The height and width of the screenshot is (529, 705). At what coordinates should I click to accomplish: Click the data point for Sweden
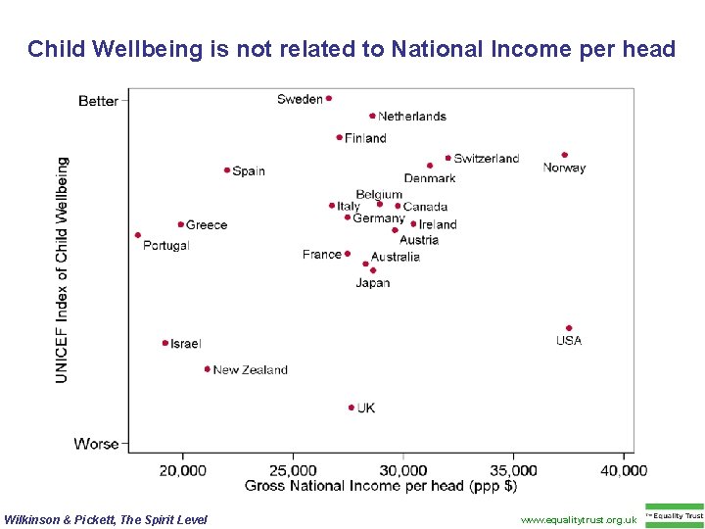click(329, 98)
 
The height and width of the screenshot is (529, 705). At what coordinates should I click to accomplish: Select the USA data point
click(569, 328)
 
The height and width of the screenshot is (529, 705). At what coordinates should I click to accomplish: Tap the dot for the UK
click(351, 408)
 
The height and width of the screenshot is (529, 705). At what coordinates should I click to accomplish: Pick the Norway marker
click(565, 155)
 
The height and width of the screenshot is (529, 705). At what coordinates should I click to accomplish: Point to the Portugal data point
click(138, 235)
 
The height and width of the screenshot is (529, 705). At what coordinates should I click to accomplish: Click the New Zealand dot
click(208, 369)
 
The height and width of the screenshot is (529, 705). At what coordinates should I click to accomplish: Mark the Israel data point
click(164, 343)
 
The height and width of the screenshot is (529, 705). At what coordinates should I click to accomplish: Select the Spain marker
click(227, 170)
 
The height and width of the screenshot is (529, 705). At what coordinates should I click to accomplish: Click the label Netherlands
click(412, 117)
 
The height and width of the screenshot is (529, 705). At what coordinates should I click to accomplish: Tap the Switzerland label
click(487, 159)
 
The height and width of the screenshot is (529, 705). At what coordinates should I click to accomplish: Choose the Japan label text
click(373, 283)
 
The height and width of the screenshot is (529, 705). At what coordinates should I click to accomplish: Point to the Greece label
click(207, 225)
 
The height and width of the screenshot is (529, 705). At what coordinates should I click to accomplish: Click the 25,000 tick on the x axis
click(293, 470)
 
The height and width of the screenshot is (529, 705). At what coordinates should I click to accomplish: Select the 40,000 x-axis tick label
click(624, 470)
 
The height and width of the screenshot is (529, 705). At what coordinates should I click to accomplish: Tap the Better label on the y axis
click(98, 101)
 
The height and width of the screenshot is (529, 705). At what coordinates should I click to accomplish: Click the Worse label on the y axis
click(96, 444)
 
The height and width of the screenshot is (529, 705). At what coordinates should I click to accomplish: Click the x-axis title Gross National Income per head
click(381, 486)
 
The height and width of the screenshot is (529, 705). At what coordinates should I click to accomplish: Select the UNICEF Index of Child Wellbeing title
click(63, 269)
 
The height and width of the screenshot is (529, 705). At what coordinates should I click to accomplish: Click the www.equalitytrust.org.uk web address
click(579, 519)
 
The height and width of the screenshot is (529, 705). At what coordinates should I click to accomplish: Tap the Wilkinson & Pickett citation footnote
click(106, 519)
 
